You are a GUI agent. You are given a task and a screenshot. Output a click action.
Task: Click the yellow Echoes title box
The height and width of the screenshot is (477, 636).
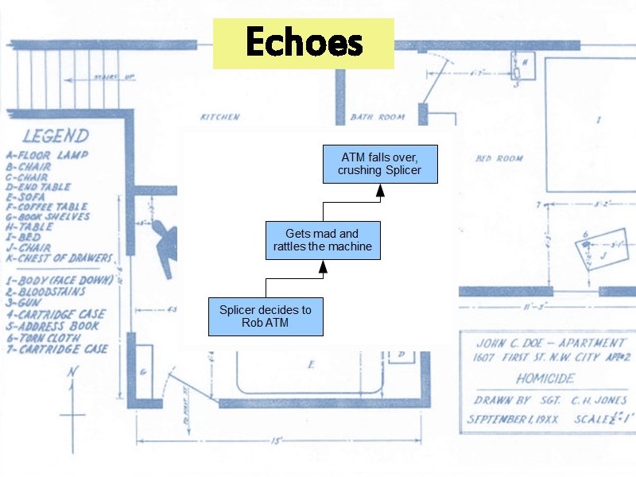click(x=303, y=43)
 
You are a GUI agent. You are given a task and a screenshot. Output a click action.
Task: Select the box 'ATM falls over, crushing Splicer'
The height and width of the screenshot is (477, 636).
click(x=379, y=164)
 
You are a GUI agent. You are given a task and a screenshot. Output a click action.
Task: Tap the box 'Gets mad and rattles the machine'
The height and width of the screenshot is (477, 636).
click(x=322, y=240)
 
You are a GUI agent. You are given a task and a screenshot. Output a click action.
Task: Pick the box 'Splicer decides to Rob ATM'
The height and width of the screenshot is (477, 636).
click(x=266, y=316)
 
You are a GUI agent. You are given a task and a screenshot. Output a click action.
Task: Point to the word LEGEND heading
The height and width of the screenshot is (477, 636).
click(x=56, y=137)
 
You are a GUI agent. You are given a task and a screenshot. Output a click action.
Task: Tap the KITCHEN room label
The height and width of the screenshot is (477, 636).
click(x=219, y=117)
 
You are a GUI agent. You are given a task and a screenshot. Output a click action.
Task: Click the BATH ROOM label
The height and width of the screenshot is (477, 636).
click(x=378, y=118)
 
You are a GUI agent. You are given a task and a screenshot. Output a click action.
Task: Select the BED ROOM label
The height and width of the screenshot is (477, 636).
click(x=499, y=158)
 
